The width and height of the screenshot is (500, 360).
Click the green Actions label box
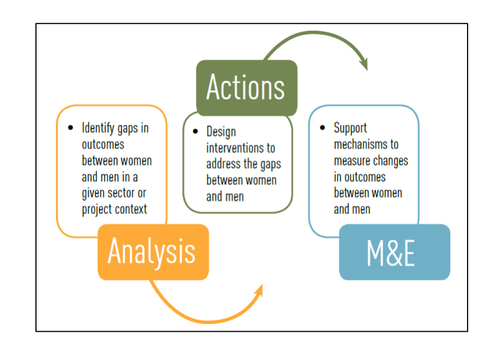tap(246, 88)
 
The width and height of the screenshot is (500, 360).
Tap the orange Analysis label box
tap(153, 251)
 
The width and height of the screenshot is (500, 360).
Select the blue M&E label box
tap(394, 252)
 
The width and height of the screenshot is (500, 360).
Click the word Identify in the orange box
tap(98, 128)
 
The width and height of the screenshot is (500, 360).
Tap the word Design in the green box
tap(221, 131)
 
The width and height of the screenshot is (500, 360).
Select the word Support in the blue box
tap(350, 128)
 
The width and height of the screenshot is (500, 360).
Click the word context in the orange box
tap(131, 209)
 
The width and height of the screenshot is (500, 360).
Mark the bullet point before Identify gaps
tap(70, 128)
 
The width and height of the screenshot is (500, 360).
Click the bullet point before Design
tap(195, 131)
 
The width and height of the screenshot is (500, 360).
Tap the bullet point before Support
tap(322, 128)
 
